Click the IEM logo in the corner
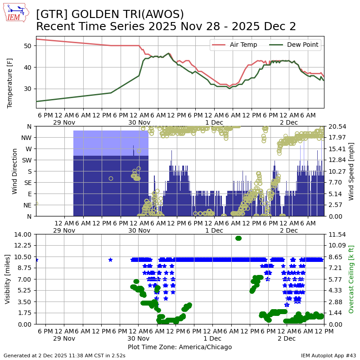point(16,13)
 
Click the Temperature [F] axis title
point(10,72)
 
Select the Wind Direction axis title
point(15,171)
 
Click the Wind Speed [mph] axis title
point(351,171)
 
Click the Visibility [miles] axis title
point(8,279)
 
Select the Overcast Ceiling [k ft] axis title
point(351,279)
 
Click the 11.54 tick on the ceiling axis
point(336,234)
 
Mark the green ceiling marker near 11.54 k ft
point(238,238)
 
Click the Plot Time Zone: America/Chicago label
point(180,347)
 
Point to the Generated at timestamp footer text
point(64,355)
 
